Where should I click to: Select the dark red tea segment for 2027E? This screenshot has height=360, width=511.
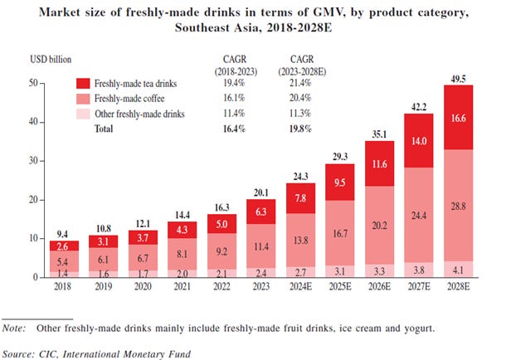tap(421, 143)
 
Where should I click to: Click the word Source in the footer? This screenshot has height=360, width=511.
tap(20, 353)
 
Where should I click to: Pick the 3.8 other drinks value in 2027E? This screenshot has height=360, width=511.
tap(421, 269)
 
